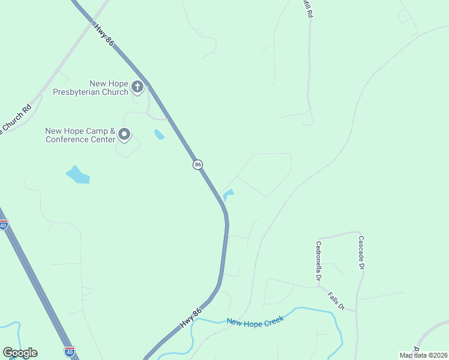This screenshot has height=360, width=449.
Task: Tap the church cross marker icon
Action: pyautogui.click(x=137, y=88)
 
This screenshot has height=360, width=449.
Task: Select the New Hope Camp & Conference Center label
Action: pyautogui.click(x=80, y=135)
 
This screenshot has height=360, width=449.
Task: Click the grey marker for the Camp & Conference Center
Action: pyautogui.click(x=124, y=134)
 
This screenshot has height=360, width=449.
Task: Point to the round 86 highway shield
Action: pyautogui.click(x=197, y=164)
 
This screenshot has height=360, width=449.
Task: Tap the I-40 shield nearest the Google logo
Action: pyautogui.click(x=70, y=351)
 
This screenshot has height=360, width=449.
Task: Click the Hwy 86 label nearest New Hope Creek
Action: pyautogui.click(x=190, y=319)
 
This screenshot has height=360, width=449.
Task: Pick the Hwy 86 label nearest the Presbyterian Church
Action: pyautogui.click(x=104, y=34)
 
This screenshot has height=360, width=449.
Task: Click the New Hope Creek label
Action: pyautogui.click(x=255, y=321)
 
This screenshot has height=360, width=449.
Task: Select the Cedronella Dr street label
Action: pyautogui.click(x=318, y=262)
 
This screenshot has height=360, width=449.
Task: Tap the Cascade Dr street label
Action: pyautogui.click(x=361, y=253)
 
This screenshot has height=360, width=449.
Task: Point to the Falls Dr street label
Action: pyautogui.click(x=336, y=301)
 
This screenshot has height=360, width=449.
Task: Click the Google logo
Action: pyautogui.click(x=20, y=353)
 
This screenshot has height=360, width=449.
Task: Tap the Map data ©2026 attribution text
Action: pyautogui.click(x=423, y=355)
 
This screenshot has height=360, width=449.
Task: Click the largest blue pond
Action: pyautogui.click(x=77, y=175)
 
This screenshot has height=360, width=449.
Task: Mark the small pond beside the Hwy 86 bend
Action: pyautogui.click(x=229, y=194)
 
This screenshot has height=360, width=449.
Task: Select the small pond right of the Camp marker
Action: pyautogui.click(x=159, y=134)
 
